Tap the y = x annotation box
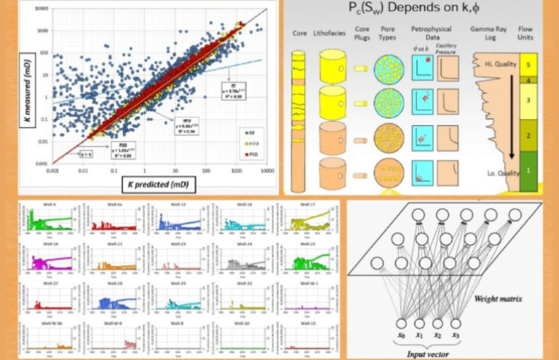point(88,155)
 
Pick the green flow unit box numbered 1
point(529,170)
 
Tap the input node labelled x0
point(401,323)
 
